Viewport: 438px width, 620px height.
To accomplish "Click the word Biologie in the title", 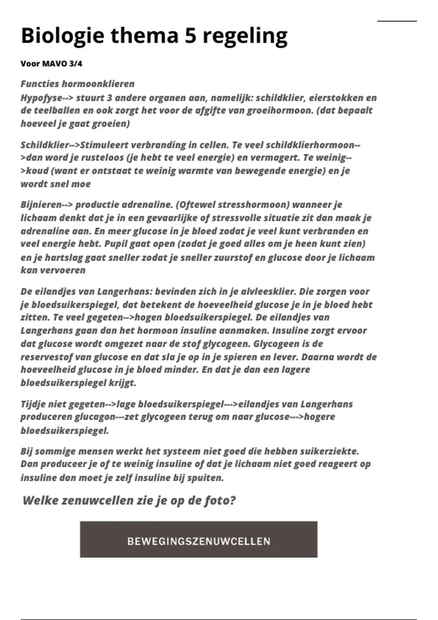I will (62, 36).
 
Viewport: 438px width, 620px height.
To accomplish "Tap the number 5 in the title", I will (191, 36).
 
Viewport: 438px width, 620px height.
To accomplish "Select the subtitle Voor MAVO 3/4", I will (51, 64).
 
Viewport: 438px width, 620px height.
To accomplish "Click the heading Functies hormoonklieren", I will (77, 84).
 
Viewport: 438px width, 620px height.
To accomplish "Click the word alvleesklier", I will (261, 291).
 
